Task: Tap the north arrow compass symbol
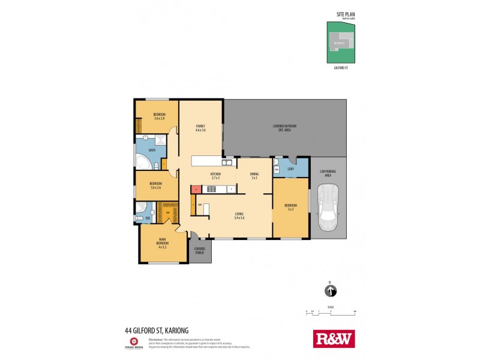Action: [331, 291]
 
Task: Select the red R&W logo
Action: [334, 338]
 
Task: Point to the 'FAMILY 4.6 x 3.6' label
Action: [200, 128]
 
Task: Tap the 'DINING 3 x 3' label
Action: [254, 176]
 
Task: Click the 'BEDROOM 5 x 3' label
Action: [292, 207]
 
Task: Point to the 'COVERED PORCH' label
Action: [199, 250]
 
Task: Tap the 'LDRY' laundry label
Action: [290, 170]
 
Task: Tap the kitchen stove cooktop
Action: [211, 189]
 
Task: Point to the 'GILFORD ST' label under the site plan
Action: [340, 68]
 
